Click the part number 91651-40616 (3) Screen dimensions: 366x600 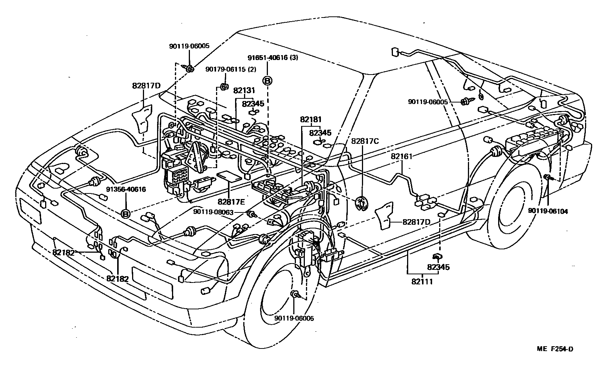268,58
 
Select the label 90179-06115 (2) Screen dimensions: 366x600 231,69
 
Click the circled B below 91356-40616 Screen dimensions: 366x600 126,214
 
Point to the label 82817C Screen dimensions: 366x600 365,141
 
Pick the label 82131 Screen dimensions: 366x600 244,90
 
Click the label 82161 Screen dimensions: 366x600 401,157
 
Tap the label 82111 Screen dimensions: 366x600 422,281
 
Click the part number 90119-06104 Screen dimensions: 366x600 548,211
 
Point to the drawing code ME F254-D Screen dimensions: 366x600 555,349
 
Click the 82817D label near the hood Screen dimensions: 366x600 146,86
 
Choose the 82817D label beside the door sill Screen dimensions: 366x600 416,222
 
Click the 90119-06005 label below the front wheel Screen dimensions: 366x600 294,318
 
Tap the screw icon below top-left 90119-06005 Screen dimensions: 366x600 188,68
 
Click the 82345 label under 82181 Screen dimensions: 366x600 320,133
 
